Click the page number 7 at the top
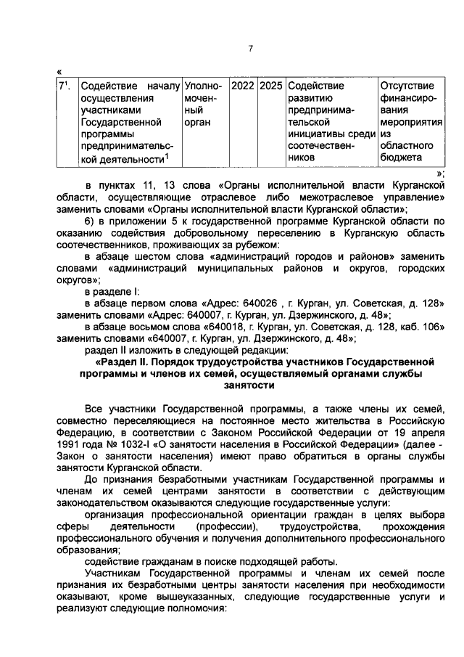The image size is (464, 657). pyautogui.click(x=249, y=49)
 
